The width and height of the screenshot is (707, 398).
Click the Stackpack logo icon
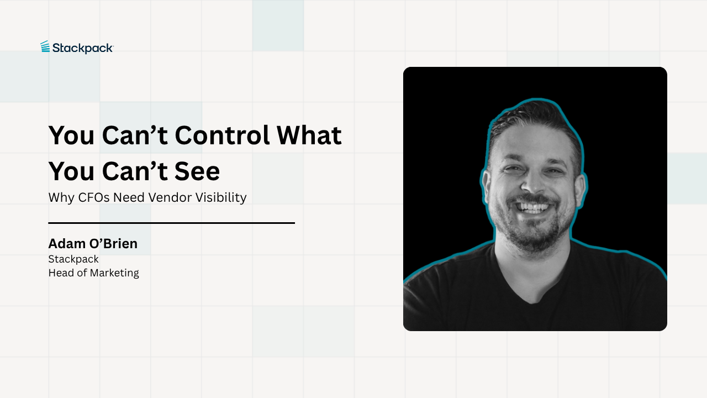coord(45,47)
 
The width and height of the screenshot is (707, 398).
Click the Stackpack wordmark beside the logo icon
coord(83,48)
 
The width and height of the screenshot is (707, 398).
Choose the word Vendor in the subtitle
coord(165,197)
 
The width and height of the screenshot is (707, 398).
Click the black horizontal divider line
coord(171,223)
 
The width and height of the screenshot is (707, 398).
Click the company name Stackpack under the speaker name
coord(73,259)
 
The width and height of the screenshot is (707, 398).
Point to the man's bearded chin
coord(533,235)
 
